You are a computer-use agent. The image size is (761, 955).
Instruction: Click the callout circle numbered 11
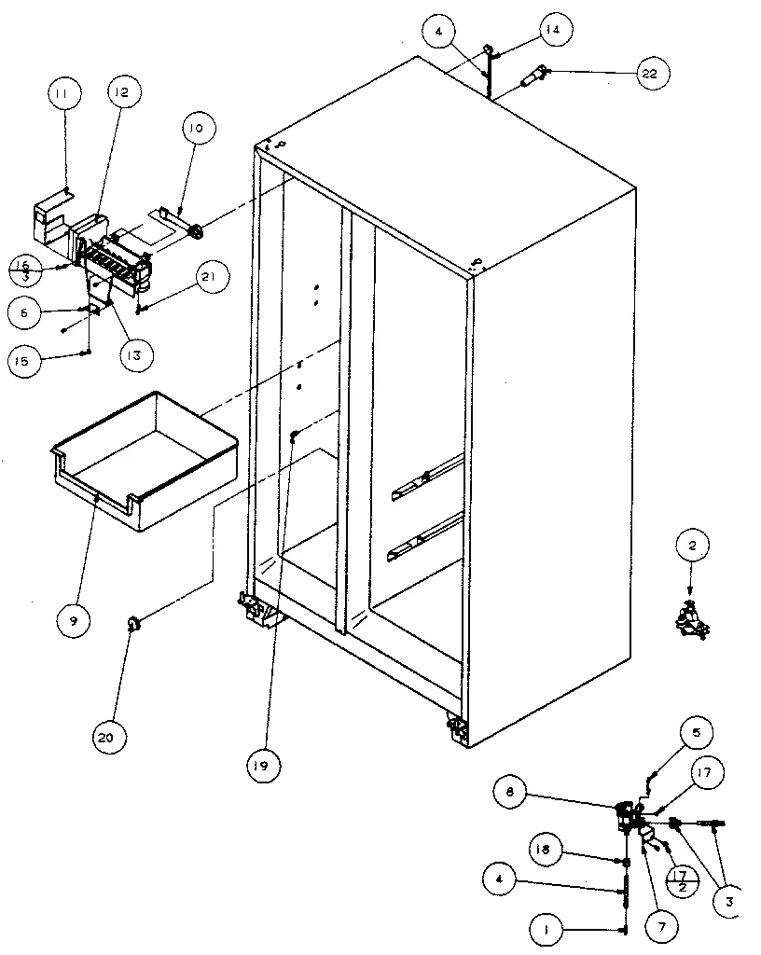tap(66, 94)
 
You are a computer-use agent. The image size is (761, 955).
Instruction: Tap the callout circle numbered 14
tap(553, 30)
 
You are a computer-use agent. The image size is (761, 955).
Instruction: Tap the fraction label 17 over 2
tap(683, 879)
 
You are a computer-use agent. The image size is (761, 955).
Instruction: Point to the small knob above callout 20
tap(133, 623)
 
